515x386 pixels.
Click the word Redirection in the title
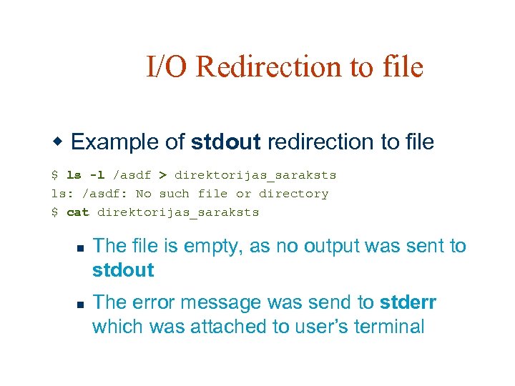(268, 66)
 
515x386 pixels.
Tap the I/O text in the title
(168, 66)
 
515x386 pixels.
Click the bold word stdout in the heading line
(225, 142)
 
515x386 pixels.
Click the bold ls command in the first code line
(74, 174)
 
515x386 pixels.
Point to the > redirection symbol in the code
(162, 174)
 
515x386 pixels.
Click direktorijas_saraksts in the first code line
(255, 174)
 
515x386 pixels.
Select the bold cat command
(77, 212)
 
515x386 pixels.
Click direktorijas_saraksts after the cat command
(178, 212)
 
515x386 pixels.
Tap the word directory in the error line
(293, 194)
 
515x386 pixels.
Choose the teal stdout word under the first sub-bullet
(123, 270)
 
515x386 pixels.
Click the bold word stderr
(408, 303)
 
